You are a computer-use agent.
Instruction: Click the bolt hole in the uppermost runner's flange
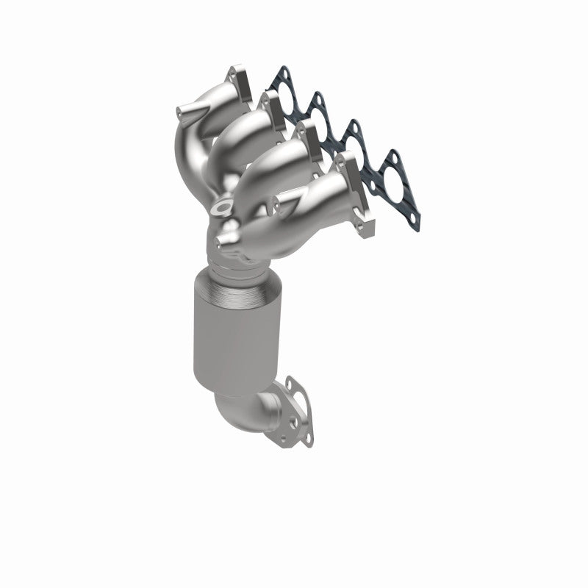(236, 72)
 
